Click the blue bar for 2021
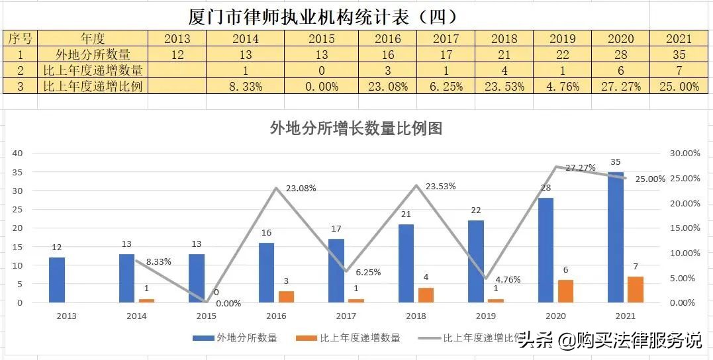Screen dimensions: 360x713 click(634, 237)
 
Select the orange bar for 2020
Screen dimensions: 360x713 click(565, 291)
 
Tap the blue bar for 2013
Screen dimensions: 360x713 click(57, 280)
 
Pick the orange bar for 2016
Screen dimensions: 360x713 click(286, 296)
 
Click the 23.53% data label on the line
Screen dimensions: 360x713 click(440, 186)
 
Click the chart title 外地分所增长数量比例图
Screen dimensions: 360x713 click(356, 128)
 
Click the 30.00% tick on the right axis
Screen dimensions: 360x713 click(685, 153)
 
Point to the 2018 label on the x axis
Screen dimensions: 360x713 click(416, 316)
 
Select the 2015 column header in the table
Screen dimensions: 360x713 click(322, 38)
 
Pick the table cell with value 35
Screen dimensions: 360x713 click(679, 54)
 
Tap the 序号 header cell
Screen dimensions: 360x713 click(20, 38)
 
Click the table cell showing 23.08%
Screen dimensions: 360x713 click(388, 86)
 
